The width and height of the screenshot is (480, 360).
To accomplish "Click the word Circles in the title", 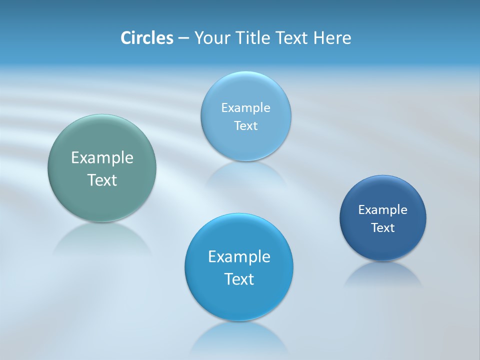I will [x=146, y=38].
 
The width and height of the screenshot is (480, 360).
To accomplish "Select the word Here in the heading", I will [x=332, y=38].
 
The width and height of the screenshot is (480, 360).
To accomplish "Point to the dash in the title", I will [x=183, y=38].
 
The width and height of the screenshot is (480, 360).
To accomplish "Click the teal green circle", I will [x=102, y=145].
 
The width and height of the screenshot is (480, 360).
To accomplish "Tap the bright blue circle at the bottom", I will [x=239, y=300].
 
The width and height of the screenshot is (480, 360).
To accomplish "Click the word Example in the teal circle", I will [x=102, y=158].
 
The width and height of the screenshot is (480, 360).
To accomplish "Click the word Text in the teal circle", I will [x=102, y=180].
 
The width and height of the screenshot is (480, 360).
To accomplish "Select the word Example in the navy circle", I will [x=383, y=210].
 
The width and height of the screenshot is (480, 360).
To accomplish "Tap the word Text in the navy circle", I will [x=383, y=228].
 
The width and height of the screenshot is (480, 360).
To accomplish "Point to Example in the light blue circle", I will [x=246, y=108].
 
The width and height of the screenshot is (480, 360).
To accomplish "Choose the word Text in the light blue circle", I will [x=246, y=126].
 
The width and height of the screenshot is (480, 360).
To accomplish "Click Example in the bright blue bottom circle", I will [x=239, y=257].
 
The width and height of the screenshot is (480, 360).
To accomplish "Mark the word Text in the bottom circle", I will [x=239, y=279].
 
